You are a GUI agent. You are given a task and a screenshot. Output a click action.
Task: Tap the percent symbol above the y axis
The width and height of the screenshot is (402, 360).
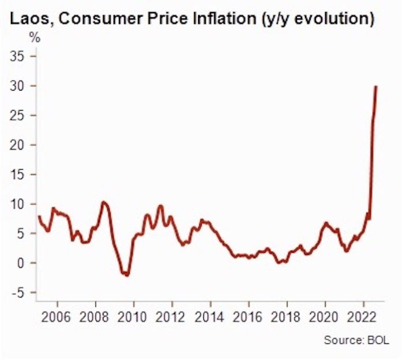click(x=35, y=39)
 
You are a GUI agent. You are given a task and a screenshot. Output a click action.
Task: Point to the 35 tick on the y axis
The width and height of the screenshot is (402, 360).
click(x=19, y=57)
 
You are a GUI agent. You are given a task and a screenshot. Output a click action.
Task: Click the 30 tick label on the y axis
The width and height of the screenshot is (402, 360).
click(x=19, y=86)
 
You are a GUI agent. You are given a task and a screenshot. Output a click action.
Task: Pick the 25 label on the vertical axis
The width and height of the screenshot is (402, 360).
click(x=19, y=115)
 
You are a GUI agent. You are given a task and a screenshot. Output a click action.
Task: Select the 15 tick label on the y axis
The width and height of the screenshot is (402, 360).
click(x=19, y=175)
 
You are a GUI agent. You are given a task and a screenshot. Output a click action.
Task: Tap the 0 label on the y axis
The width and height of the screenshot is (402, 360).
click(x=23, y=263)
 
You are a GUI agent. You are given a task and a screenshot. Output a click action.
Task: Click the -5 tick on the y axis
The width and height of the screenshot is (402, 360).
click(x=20, y=292)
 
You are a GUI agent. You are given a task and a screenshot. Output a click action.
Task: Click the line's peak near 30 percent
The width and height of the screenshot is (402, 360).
click(x=376, y=87)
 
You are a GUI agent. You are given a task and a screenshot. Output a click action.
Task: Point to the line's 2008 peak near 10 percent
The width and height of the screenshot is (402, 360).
click(x=103, y=202)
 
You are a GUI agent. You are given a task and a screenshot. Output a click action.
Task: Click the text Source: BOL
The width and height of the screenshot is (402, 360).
click(x=356, y=340)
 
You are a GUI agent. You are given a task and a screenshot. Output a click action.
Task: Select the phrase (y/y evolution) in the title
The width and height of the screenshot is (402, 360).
click(x=319, y=18)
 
